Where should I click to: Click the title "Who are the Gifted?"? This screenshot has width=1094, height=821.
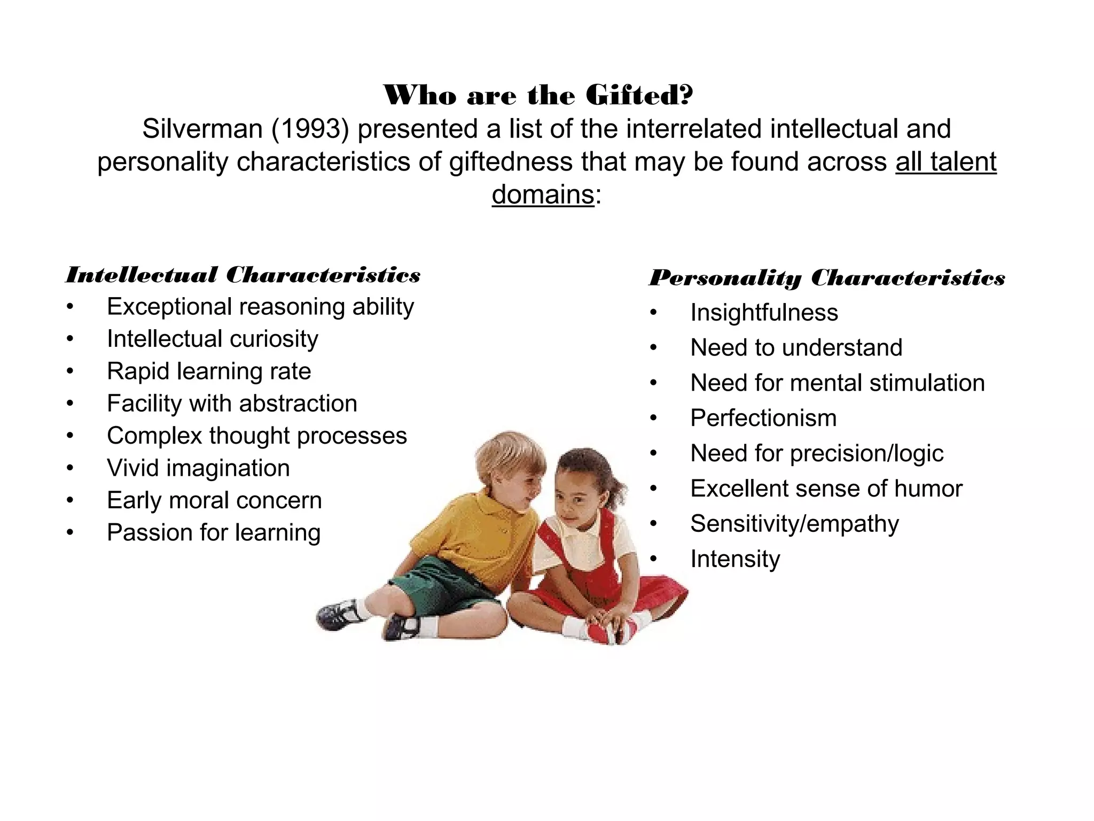click(538, 96)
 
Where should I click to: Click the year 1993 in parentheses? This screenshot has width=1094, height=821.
click(310, 129)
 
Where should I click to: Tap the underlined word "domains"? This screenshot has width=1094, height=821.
click(543, 195)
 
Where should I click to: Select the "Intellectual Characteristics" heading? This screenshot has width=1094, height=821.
click(243, 275)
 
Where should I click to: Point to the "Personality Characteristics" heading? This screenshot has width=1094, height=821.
click(827, 278)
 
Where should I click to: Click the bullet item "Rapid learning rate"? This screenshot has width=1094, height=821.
click(209, 371)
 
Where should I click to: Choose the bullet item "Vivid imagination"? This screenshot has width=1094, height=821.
click(198, 468)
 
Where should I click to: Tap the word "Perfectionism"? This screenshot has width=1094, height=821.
click(763, 418)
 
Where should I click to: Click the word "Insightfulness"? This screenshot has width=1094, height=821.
click(764, 313)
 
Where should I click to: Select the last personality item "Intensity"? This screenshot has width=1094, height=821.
click(735, 559)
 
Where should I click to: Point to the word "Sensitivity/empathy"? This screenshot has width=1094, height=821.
click(794, 524)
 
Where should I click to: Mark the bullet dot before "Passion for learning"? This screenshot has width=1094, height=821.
click(70, 533)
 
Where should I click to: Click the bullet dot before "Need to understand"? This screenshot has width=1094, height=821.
click(653, 348)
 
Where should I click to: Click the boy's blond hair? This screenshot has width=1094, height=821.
click(507, 454)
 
